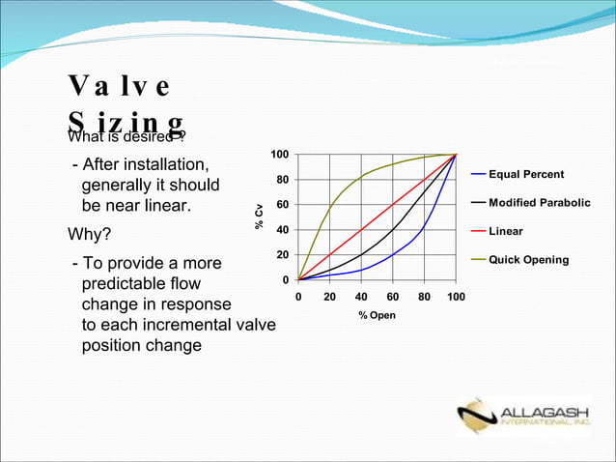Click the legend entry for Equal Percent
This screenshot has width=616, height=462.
(526, 174)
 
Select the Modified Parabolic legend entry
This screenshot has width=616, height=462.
(539, 203)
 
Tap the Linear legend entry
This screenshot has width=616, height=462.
(505, 232)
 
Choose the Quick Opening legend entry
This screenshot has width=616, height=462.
(528, 260)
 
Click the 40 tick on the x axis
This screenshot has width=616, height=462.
(361, 298)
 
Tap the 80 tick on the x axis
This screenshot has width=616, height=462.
(424, 298)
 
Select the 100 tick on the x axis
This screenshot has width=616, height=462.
(455, 298)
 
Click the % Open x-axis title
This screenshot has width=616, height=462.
(377, 316)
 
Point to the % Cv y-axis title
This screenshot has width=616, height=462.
(259, 217)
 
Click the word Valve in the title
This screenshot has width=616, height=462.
(120, 87)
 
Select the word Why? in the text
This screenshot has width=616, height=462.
(89, 235)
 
